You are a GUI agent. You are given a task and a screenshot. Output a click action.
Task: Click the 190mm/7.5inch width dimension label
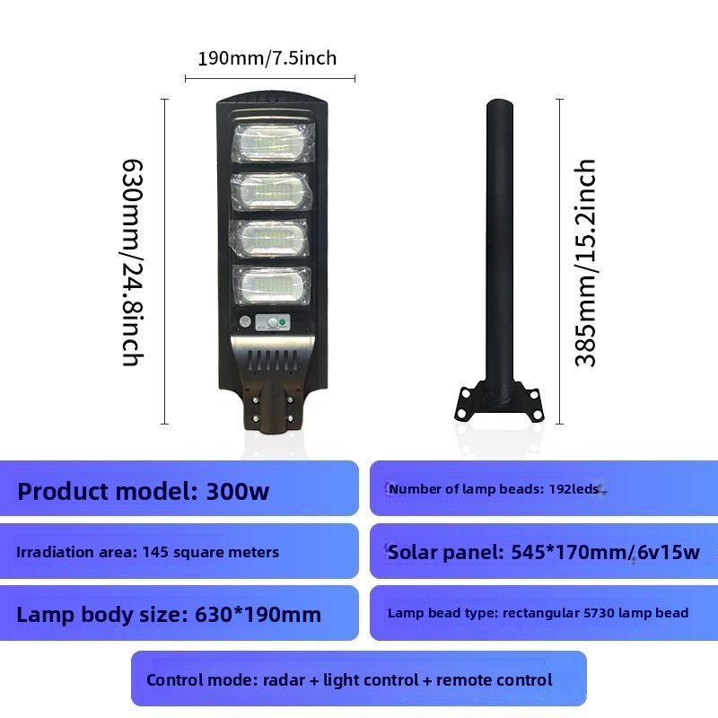tap(267, 58)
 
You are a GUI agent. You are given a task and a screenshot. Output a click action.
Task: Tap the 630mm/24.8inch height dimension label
tap(132, 263)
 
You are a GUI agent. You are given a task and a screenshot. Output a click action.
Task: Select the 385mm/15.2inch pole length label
tap(585, 263)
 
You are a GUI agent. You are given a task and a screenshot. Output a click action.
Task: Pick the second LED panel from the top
tap(272, 191)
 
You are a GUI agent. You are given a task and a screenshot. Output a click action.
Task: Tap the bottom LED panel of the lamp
tap(272, 285)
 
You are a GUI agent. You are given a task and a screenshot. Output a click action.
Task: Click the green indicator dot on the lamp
tap(283, 323)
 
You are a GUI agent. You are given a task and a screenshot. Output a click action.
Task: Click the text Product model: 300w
tap(144, 491)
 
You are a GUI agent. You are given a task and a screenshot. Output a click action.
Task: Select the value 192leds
tap(574, 489)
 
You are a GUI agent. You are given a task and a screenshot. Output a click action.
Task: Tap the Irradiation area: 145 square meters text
tap(147, 552)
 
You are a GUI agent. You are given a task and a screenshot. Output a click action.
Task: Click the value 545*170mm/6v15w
tap(605, 552)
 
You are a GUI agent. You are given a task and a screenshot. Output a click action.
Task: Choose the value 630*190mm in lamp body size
tap(258, 615)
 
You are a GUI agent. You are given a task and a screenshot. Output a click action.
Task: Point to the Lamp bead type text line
tap(538, 613)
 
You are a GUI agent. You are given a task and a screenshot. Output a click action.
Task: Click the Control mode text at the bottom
tap(349, 680)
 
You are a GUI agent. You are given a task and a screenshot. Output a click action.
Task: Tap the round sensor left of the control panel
tap(245, 321)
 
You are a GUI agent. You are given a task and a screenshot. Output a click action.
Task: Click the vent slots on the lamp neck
tap(272, 361)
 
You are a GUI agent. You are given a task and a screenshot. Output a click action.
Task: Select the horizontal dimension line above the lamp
tap(270, 79)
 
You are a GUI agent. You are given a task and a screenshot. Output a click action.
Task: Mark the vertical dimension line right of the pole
tap(559, 261)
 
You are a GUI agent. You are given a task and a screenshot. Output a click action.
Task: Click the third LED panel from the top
tap(271, 238)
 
